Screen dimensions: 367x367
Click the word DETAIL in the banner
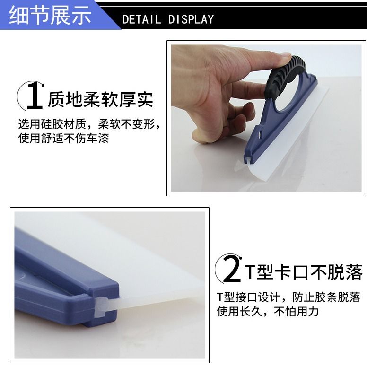pyautogui.click(x=141, y=19)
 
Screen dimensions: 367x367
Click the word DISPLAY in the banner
pyautogui.click(x=191, y=19)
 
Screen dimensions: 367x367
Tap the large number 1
pyautogui.click(x=35, y=96)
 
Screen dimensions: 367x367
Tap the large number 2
pyautogui.click(x=232, y=269)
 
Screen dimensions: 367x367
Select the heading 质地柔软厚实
pyautogui.click(x=101, y=99)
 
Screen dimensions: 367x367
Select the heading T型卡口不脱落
pyautogui.click(x=304, y=272)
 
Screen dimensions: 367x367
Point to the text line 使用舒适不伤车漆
pyautogui.click(x=64, y=138)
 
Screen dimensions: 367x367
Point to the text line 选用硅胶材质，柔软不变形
pyautogui.click(x=89, y=124)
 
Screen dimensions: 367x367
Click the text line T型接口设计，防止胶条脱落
pyautogui.click(x=288, y=297)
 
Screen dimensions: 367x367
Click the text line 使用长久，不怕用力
pyautogui.click(x=268, y=311)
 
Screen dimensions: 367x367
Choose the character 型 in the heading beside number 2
pyautogui.click(x=265, y=272)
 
